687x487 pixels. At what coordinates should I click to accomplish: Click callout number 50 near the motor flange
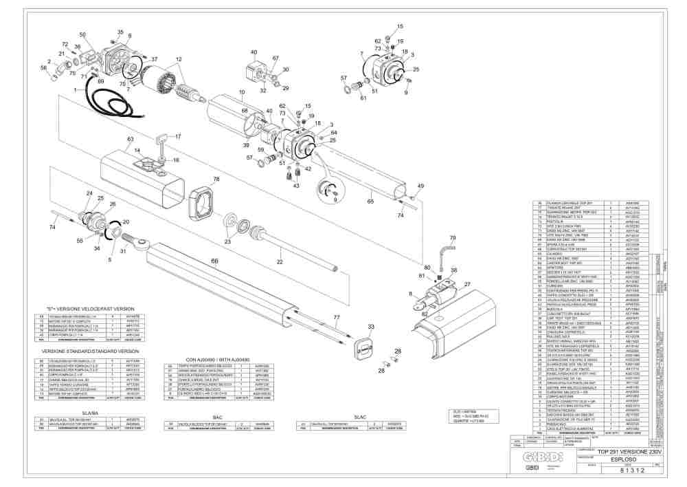coord(82,34)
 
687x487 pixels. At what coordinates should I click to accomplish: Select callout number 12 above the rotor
coord(179,60)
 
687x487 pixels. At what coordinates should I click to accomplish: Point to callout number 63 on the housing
coord(129,139)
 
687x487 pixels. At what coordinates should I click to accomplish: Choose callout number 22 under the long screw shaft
coord(279,262)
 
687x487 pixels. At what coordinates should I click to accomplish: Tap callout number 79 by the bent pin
coord(452,237)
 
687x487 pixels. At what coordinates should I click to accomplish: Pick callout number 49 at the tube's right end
coord(420,186)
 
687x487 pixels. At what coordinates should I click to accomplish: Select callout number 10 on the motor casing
coord(241,91)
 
